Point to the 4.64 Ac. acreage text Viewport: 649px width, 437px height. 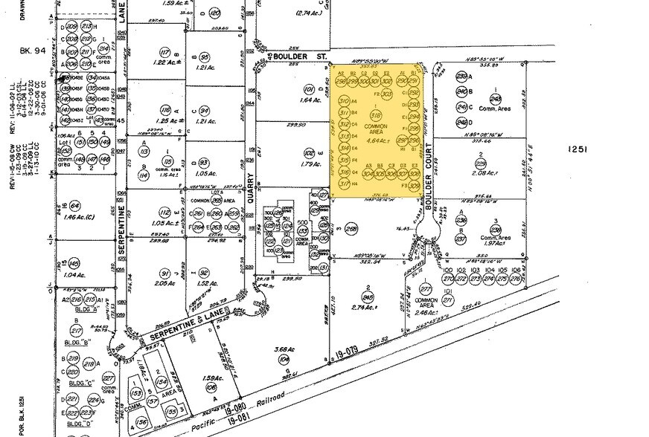[376, 139]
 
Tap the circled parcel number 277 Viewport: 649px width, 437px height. [426, 289]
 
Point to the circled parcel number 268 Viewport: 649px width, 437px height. [351, 230]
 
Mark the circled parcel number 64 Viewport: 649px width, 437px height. [74, 205]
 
